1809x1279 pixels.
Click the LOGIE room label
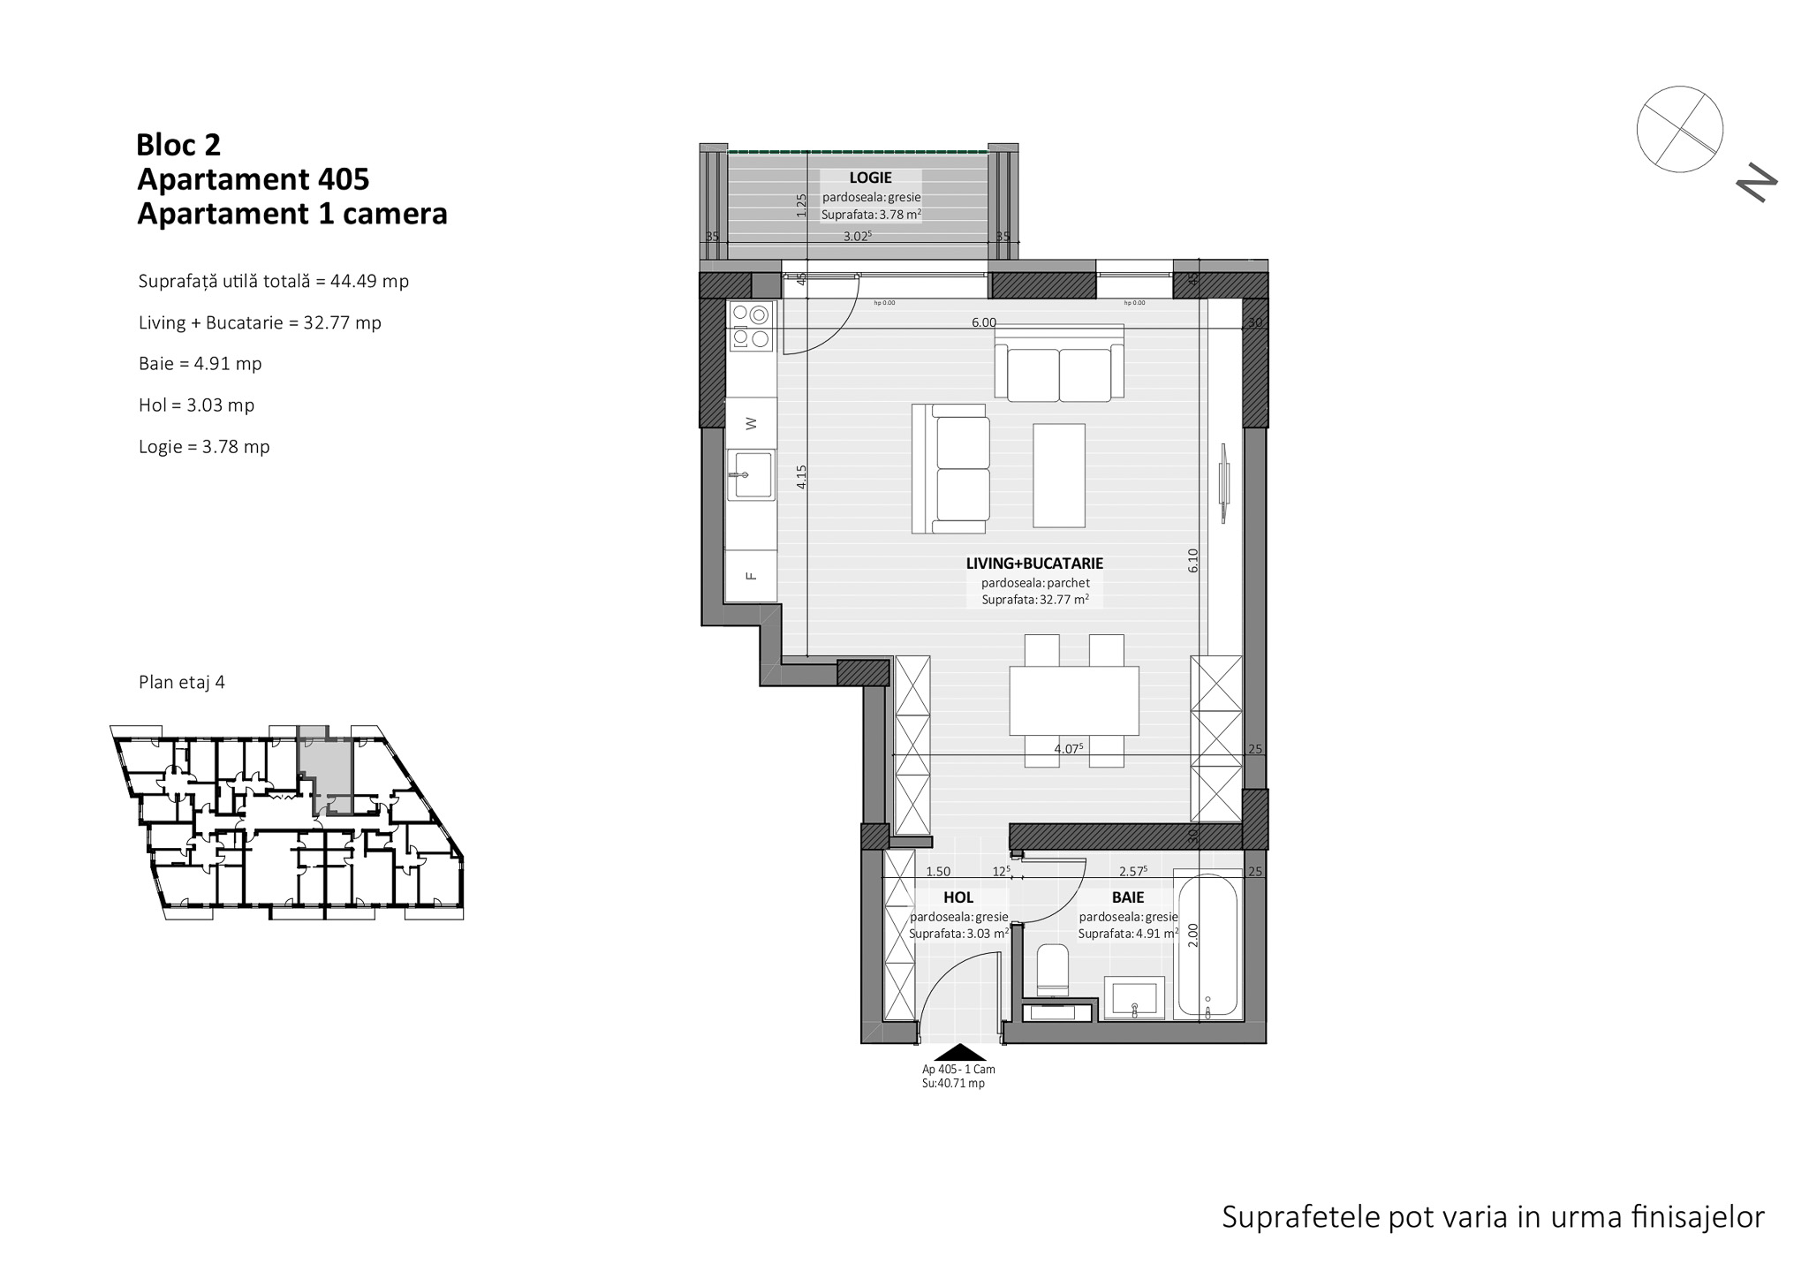tap(870, 178)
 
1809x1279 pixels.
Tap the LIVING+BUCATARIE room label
tap(1034, 563)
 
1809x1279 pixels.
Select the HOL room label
tap(958, 897)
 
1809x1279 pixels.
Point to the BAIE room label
tap(1128, 897)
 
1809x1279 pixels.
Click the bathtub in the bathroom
tap(1207, 943)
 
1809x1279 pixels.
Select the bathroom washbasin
tap(1135, 999)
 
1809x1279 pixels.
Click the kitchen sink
tap(751, 475)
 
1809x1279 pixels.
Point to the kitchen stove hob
tap(750, 326)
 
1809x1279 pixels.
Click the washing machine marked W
tap(751, 423)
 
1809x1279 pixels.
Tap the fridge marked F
tap(751, 576)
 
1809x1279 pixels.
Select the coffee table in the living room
tap(1059, 474)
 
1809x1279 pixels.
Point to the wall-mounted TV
tap(1224, 482)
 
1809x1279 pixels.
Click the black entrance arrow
tap(959, 1052)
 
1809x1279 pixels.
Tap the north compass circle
tap(1679, 129)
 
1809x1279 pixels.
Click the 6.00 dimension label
tap(984, 322)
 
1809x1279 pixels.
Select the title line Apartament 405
tap(254, 179)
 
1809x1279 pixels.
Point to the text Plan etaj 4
tap(182, 682)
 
